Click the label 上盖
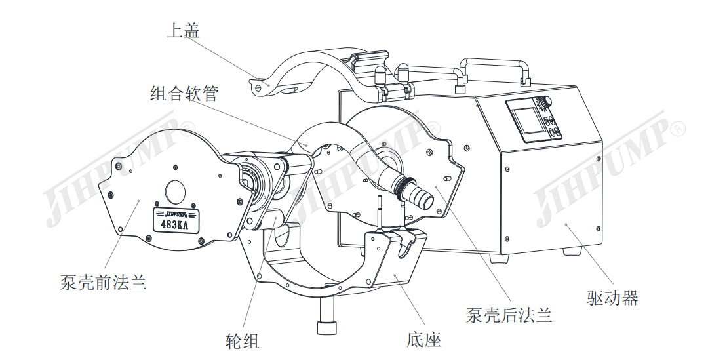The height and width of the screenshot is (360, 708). coord(183,30)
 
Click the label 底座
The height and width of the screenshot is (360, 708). coord(423,339)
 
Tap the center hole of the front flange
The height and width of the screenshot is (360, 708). coord(176,191)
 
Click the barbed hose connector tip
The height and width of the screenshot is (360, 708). coord(422,196)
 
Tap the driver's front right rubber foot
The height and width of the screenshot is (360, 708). coord(573,251)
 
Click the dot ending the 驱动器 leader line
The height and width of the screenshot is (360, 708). coord(567,224)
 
